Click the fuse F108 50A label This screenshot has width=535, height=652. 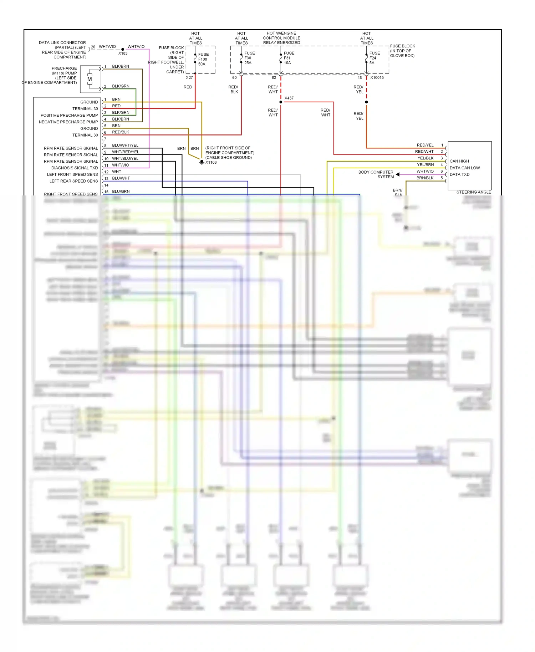(x=203, y=59)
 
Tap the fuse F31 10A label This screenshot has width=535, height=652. (x=289, y=58)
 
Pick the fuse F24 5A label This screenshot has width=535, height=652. (x=374, y=58)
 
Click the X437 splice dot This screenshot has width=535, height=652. (x=281, y=102)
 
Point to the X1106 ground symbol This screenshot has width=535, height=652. (x=202, y=162)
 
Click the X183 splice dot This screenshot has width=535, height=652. (x=123, y=49)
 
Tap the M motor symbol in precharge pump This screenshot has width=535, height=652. (x=90, y=79)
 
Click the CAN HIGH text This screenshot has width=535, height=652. (x=459, y=161)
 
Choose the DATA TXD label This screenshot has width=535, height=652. (x=459, y=174)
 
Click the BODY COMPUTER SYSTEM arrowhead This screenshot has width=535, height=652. (x=397, y=174)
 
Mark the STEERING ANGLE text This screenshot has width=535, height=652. (x=474, y=192)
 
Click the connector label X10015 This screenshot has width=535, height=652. (x=377, y=77)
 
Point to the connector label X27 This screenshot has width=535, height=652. (x=189, y=77)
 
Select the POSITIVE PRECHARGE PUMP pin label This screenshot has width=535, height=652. (x=69, y=115)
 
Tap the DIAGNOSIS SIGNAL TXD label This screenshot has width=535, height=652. (x=74, y=168)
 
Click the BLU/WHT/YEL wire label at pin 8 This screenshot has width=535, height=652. (x=125, y=145)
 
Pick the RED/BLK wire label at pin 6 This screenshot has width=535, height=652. (x=121, y=132)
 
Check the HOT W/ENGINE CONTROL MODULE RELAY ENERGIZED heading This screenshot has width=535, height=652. (x=281, y=38)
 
